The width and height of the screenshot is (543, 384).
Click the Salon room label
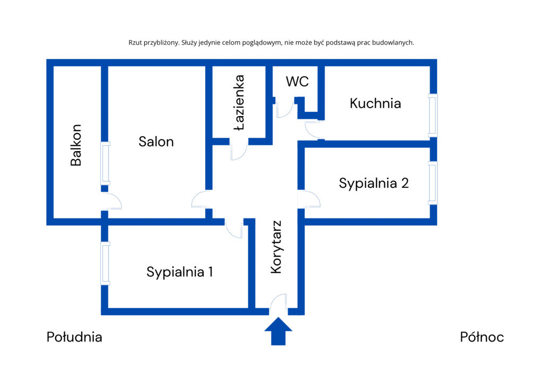click(x=156, y=142)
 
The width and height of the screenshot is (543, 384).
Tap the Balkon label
click(x=76, y=145)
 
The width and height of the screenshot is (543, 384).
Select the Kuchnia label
click(x=375, y=103)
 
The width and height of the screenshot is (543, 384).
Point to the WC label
click(x=297, y=81)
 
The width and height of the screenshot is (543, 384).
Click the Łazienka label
click(x=239, y=102)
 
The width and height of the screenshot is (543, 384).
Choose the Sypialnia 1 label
click(x=179, y=272)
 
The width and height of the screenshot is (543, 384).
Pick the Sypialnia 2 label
click(x=374, y=183)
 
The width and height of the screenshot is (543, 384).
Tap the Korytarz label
click(x=276, y=247)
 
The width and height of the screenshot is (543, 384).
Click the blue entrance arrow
click(x=278, y=331)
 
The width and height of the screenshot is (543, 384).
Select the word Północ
click(x=481, y=337)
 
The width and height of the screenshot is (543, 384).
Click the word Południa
click(x=74, y=337)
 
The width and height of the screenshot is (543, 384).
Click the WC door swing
click(x=285, y=108)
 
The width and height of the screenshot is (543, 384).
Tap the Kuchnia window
click(x=433, y=115)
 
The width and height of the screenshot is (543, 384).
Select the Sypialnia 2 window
click(x=433, y=183)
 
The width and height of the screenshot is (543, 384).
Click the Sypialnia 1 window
click(x=106, y=264)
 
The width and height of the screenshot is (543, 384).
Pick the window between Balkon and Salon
click(x=106, y=163)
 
